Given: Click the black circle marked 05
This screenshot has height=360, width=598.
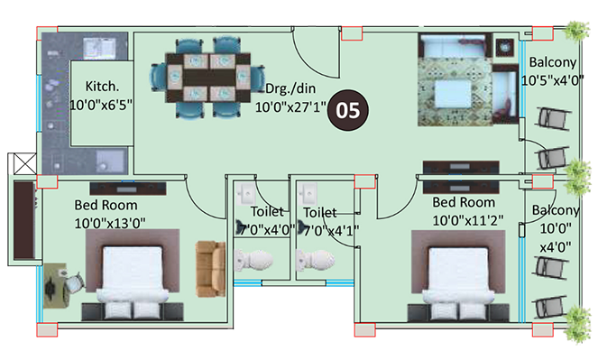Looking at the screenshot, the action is (348, 110).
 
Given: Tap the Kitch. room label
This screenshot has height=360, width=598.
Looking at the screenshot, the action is (102, 87).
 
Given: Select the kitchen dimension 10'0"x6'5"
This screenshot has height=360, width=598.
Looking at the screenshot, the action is (101, 105).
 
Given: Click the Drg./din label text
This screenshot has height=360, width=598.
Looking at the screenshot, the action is (290, 88).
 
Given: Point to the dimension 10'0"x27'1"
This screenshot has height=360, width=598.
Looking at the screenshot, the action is (290, 107).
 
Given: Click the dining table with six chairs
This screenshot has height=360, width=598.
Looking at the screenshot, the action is (207, 78).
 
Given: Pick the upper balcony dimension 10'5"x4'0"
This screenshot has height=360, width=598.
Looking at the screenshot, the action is (553, 80).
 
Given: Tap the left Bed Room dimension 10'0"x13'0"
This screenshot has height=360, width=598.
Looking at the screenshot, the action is (110, 224).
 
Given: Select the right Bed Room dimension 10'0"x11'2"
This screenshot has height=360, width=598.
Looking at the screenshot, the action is (467, 220).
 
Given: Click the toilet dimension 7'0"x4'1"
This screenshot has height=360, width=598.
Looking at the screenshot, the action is (331, 230).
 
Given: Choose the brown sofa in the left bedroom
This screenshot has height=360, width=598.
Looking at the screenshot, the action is (210, 269).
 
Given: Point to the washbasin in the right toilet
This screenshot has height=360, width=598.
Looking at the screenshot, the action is (308, 194).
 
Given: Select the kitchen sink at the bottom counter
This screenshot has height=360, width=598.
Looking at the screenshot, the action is (111, 162).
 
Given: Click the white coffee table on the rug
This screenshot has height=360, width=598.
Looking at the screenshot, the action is (453, 93).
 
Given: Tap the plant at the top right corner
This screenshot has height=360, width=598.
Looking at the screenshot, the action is (576, 31).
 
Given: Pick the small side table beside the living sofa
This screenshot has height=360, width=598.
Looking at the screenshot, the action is (505, 48).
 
